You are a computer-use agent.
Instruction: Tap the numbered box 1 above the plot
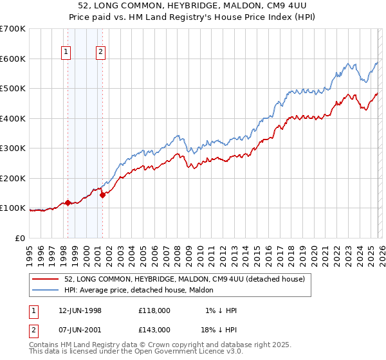coord(67,53)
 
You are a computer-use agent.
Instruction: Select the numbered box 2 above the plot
coord(101,53)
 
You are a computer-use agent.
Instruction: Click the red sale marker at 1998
coord(68,203)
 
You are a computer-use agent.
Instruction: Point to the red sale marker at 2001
coord(102,195)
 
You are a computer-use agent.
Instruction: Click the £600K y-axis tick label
coord(13,59)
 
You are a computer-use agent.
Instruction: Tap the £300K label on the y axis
coord(13,148)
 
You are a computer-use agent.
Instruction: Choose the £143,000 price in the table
coord(154,328)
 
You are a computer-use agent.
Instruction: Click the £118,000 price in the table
coord(154,310)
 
